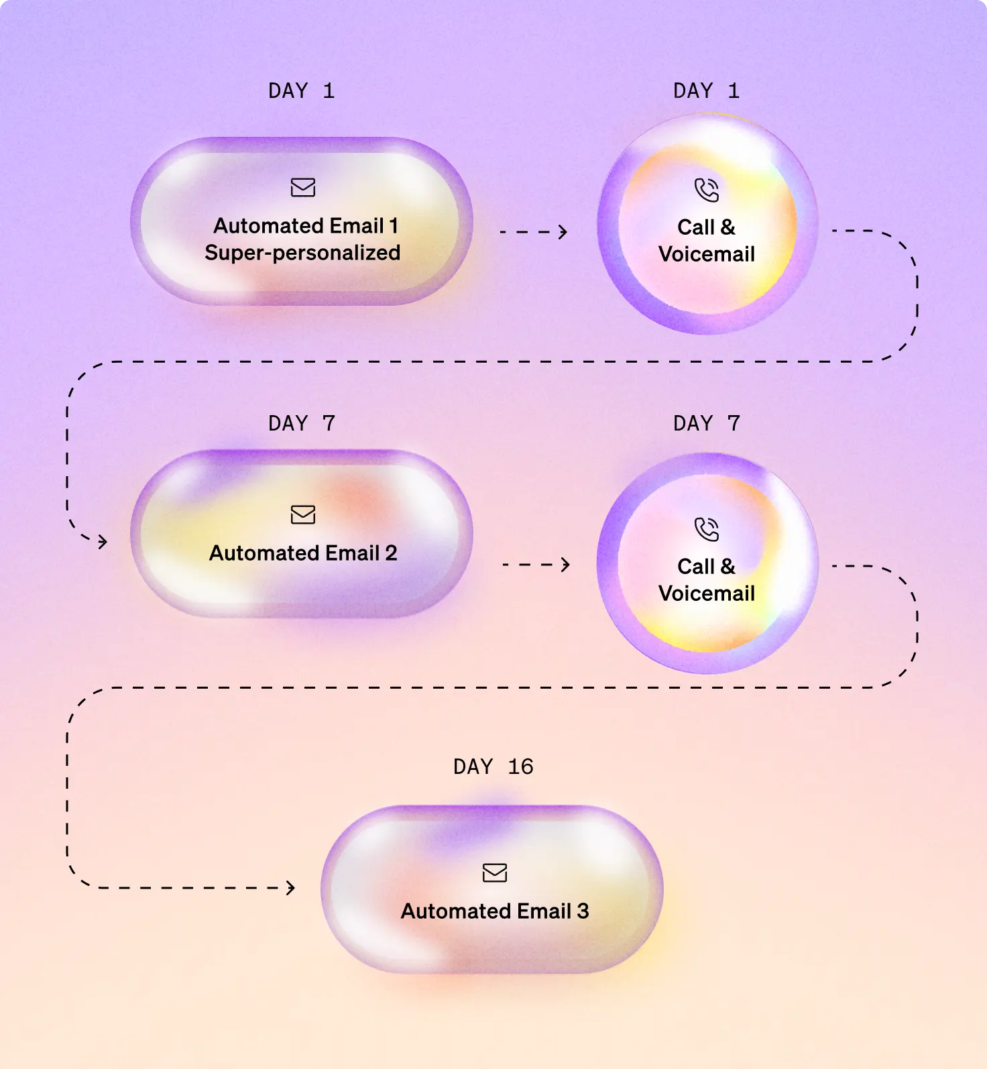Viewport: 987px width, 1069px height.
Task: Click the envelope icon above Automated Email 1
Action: [303, 187]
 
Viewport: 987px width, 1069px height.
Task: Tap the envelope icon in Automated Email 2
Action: [303, 514]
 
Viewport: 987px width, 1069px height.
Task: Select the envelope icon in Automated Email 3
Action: [495, 873]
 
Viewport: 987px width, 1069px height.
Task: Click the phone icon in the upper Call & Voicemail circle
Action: [707, 190]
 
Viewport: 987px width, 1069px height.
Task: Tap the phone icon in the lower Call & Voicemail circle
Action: [707, 529]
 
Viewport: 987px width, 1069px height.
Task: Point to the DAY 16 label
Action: [493, 767]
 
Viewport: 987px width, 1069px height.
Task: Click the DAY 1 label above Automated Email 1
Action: [301, 91]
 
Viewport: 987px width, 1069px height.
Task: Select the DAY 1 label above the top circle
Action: [706, 91]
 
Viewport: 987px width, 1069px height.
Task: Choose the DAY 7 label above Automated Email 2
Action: [301, 423]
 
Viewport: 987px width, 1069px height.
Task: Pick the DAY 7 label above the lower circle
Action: [706, 423]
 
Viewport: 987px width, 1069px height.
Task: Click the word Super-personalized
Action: [302, 253]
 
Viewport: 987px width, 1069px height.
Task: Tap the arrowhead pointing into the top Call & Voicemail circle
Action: [563, 232]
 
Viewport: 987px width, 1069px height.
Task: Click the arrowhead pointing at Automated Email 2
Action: [103, 541]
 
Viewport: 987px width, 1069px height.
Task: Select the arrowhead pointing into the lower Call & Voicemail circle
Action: [566, 565]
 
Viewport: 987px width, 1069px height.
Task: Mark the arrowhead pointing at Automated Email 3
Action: [291, 888]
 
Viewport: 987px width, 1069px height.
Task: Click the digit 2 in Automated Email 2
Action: [391, 553]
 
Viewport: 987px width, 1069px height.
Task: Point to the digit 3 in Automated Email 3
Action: [583, 911]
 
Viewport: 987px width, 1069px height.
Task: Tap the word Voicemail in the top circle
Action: [707, 254]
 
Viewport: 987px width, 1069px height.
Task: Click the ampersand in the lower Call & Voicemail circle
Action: [728, 567]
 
